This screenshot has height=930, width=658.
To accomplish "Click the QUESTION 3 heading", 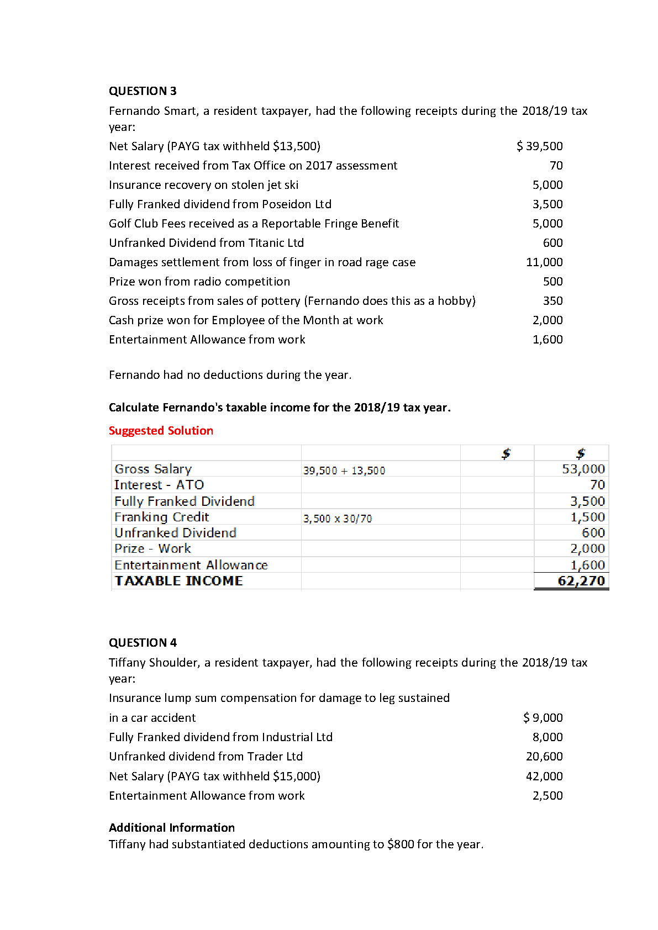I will (x=143, y=91).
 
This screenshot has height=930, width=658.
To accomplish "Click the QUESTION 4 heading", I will (x=143, y=643).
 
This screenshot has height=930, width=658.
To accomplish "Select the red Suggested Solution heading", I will (x=161, y=431).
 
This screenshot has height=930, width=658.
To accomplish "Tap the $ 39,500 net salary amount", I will (x=540, y=146).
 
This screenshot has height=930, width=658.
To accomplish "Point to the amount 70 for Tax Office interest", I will (x=556, y=166).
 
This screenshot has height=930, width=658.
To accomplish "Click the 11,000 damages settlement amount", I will (x=544, y=262).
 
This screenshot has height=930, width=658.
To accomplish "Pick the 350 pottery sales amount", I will (x=552, y=301).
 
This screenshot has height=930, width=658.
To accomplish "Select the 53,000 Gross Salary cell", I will (x=583, y=469).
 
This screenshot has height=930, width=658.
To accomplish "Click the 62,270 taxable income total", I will (x=581, y=581).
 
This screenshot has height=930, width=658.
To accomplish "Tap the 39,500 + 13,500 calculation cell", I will (x=344, y=471).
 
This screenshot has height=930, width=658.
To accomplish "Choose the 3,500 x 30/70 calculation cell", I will (x=338, y=519).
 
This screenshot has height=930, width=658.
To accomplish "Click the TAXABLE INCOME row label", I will (x=178, y=581).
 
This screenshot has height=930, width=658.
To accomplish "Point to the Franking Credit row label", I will (x=161, y=517).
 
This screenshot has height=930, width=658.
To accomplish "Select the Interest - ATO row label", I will (x=159, y=485).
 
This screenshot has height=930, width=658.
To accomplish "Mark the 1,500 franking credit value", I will (x=587, y=517).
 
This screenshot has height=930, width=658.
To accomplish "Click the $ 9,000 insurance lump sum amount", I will (x=543, y=718).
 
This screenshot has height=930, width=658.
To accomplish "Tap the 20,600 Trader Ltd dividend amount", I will (x=544, y=757).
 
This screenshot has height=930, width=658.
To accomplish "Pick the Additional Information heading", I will (x=172, y=828).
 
